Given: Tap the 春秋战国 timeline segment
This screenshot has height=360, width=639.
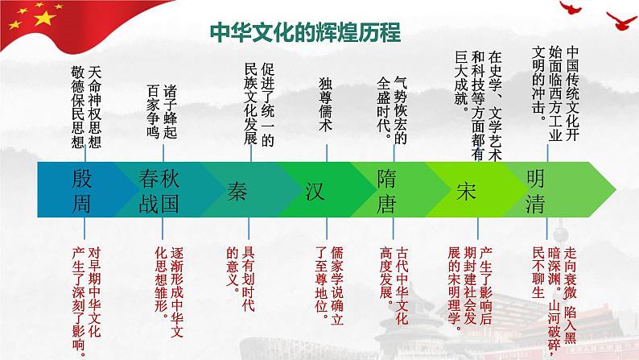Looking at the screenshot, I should (158, 190).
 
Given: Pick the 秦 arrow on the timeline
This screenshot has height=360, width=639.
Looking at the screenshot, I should (237, 190).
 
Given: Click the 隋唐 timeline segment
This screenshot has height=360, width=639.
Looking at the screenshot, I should (386, 190).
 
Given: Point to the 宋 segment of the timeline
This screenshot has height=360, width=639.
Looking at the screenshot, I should (466, 190).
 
